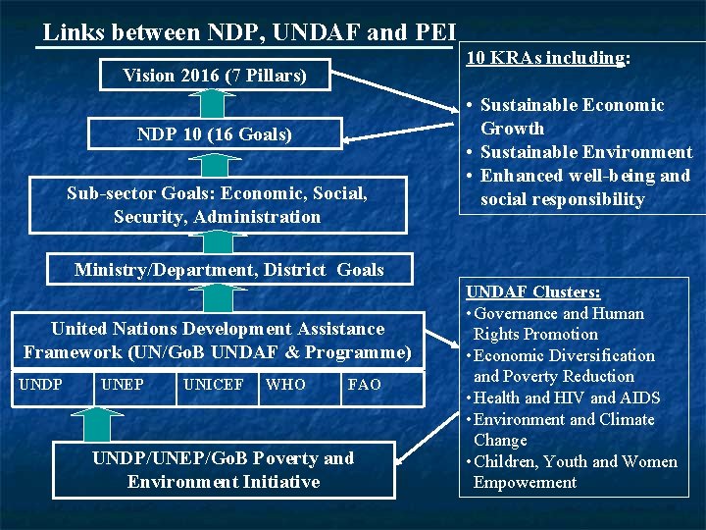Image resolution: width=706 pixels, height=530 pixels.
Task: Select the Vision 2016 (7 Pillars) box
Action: [x=214, y=75]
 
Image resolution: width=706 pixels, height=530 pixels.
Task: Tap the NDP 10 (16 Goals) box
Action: [x=214, y=133]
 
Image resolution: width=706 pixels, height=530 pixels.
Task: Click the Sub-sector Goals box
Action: [x=217, y=205]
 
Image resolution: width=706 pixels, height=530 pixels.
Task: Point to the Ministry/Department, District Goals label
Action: [x=229, y=270]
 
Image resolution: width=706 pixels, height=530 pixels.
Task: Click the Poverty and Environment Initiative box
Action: [x=223, y=469]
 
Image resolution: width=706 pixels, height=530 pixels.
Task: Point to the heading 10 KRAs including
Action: [x=547, y=58]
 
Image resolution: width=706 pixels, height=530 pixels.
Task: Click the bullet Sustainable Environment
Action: [x=585, y=152]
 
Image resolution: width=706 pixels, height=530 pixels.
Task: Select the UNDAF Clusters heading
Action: [x=533, y=292]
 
